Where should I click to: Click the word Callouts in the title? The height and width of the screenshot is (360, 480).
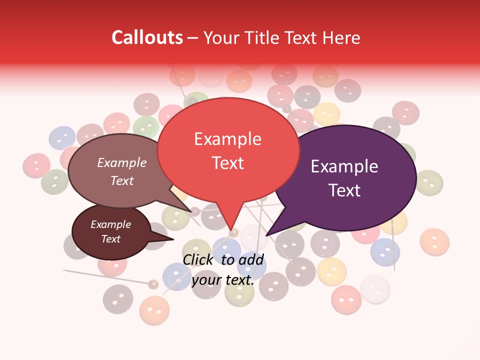[147, 37]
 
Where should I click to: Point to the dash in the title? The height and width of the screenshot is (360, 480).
[193, 38]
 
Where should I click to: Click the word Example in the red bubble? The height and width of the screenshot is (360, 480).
[227, 139]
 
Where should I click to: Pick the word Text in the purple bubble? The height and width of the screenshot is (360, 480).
[344, 190]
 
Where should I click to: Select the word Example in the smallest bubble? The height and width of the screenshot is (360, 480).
[110, 224]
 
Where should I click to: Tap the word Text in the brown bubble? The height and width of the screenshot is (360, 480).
[122, 180]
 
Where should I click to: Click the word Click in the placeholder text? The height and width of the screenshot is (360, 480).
[199, 259]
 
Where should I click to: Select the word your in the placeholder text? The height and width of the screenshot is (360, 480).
[206, 280]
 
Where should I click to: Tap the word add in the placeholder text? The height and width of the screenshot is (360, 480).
[251, 259]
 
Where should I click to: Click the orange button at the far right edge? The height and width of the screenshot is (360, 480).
[434, 241]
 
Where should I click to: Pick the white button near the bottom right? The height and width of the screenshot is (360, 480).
[375, 289]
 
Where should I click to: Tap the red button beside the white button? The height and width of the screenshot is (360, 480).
[346, 300]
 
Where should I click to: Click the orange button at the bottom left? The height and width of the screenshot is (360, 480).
[154, 310]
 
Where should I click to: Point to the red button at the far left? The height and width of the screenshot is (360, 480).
[36, 165]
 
